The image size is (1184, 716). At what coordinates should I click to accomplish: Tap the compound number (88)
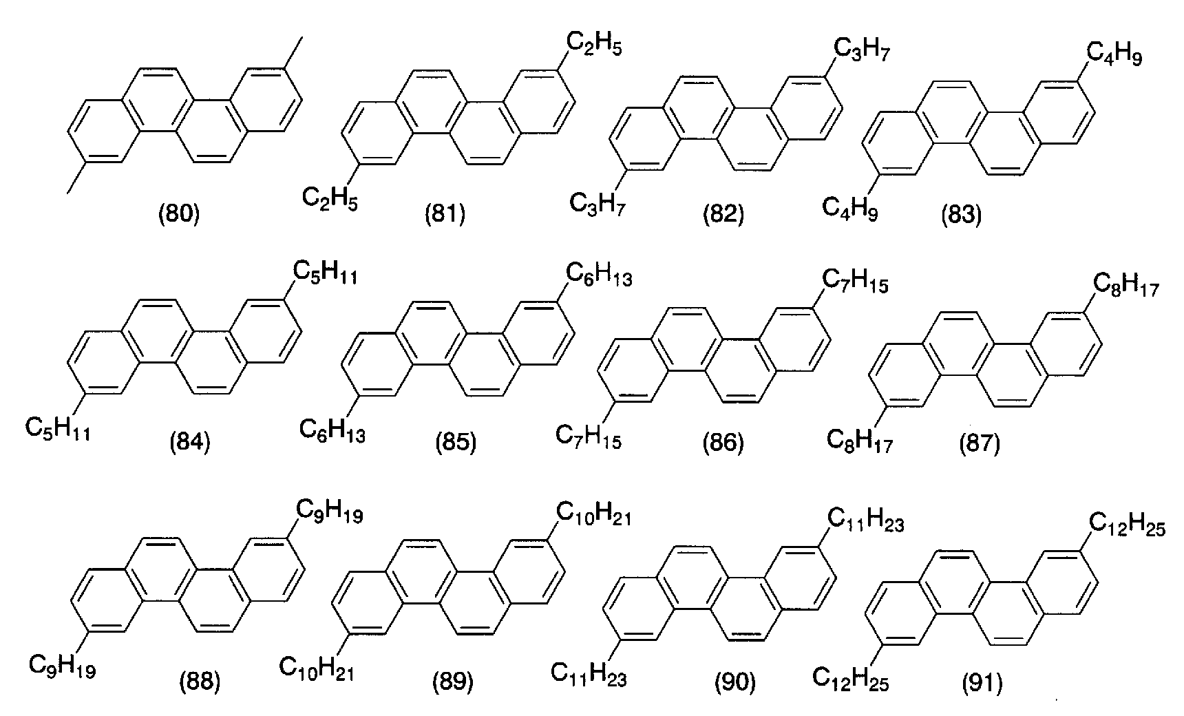pos(200,682)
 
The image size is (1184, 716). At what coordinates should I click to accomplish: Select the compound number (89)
pos(453,682)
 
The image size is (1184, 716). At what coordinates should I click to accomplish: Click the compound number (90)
pos(735,682)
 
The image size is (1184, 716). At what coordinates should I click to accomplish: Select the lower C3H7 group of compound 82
pos(598,204)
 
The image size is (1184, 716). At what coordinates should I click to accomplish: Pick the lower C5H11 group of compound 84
pos(57,430)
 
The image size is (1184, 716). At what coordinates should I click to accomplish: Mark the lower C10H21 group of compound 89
pos(317,668)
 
